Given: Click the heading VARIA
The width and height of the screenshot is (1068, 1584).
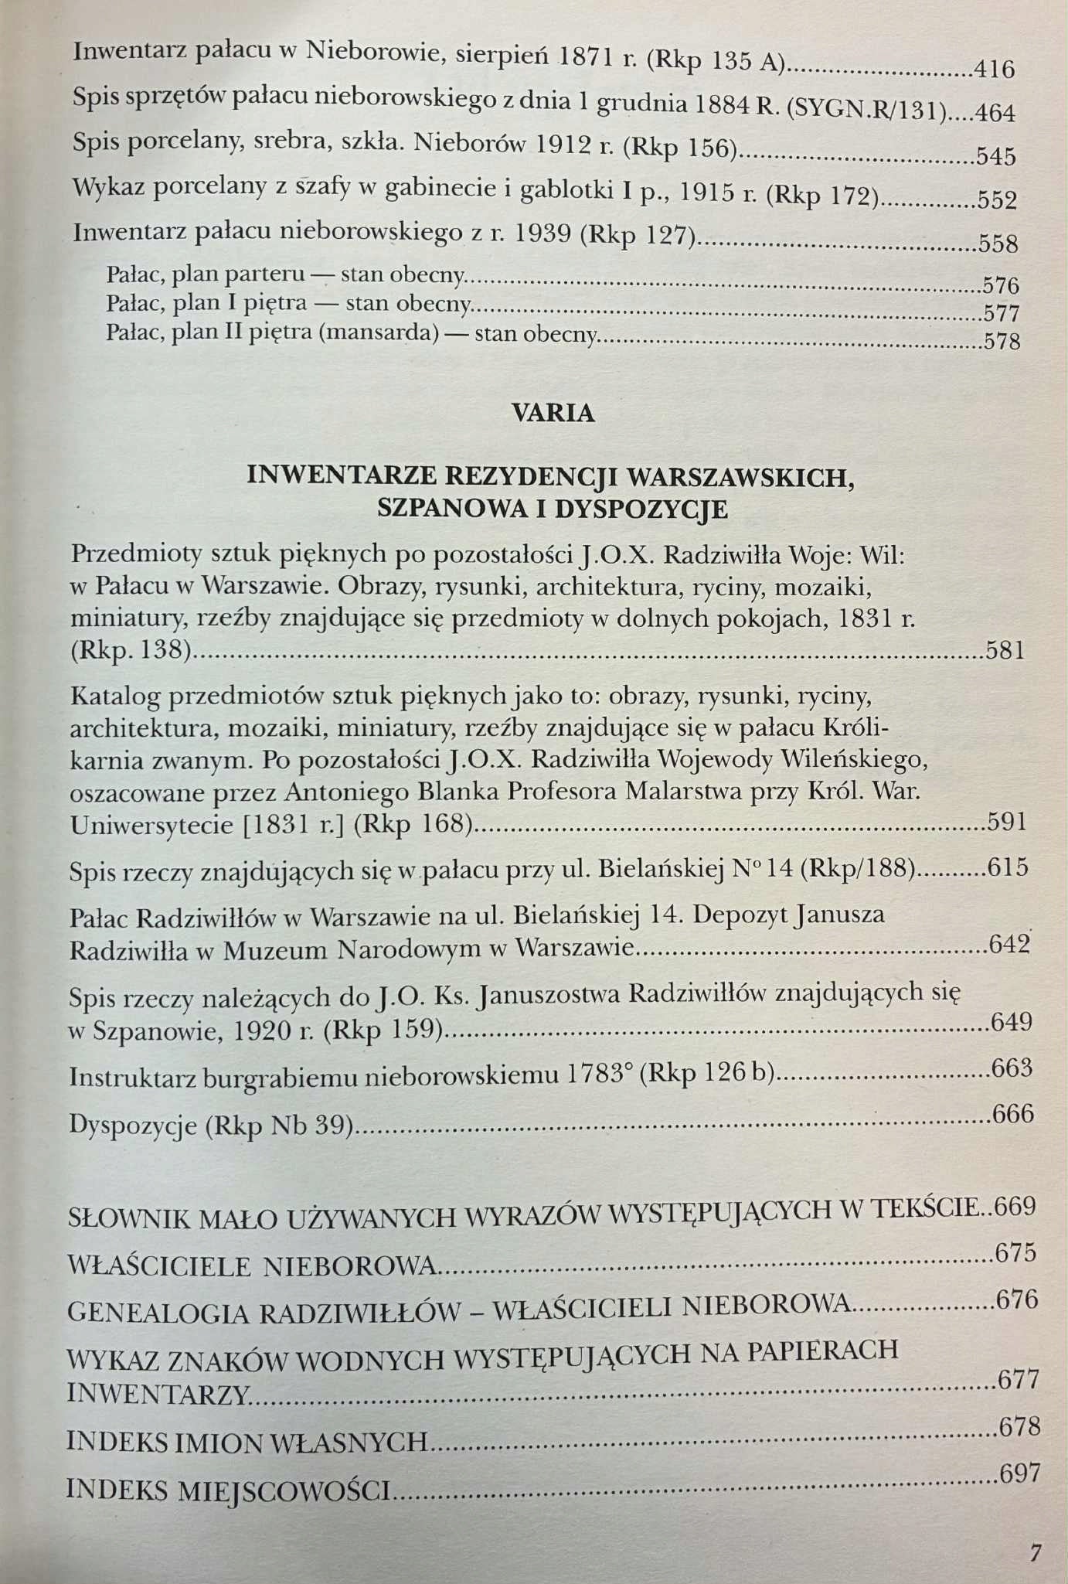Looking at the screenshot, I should pyautogui.click(x=553, y=413).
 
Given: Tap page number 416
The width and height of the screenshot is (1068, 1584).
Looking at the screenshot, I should pyautogui.click(x=994, y=70).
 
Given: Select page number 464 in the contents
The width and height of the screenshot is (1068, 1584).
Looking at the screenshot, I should pyautogui.click(x=995, y=114).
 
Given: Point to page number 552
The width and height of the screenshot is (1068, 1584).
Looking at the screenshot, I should pyautogui.click(x=996, y=200).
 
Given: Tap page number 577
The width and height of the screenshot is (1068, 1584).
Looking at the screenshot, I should pyautogui.click(x=1002, y=314).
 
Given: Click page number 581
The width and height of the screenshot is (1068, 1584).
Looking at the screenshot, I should pyautogui.click(x=1005, y=650).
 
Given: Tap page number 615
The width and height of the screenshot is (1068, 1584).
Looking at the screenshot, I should pyautogui.click(x=1008, y=867).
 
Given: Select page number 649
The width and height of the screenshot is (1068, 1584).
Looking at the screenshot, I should pyautogui.click(x=1011, y=1022).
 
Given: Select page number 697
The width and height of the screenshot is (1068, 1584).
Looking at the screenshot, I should pyautogui.click(x=1019, y=1473).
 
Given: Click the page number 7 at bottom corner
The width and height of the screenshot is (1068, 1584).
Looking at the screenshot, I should pyautogui.click(x=1036, y=1552).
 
